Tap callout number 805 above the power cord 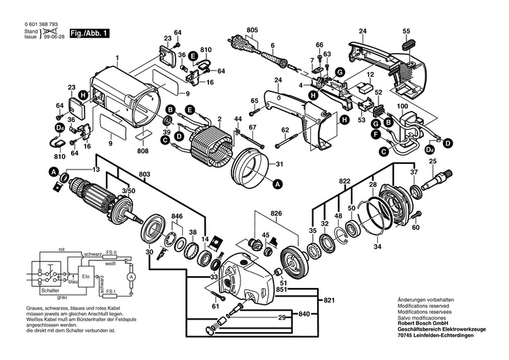point(252,30)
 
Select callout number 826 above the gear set point(276,212)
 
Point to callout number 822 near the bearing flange point(344,181)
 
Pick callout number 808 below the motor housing point(143,151)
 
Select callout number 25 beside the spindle point(432,162)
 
